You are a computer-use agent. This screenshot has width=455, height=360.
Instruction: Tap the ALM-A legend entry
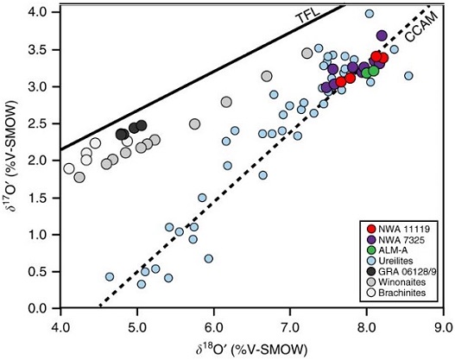pos(389,252)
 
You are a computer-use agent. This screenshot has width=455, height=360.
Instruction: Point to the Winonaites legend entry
pos(395,288)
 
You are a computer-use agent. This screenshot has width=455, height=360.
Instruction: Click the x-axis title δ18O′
pos(251,348)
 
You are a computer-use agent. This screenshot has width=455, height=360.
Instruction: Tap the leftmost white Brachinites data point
pos(69,168)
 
